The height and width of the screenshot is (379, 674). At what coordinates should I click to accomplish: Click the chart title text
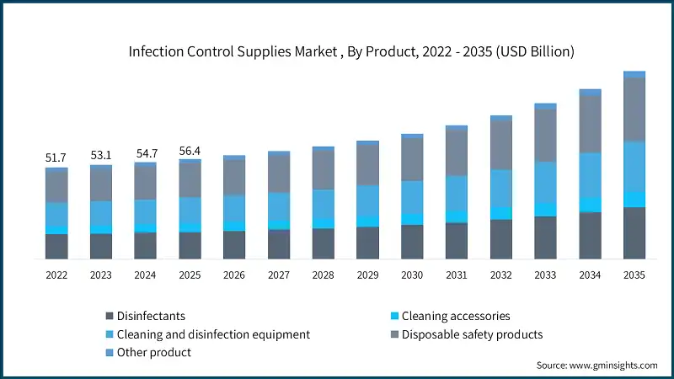point(351,51)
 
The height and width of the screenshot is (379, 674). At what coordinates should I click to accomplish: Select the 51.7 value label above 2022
point(56,157)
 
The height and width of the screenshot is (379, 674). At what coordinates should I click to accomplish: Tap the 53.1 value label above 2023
point(101,155)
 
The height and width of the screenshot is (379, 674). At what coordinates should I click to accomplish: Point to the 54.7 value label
point(146,154)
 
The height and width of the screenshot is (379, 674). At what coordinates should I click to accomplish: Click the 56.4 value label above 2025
point(190,151)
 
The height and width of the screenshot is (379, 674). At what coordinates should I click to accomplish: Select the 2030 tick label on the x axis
point(412,275)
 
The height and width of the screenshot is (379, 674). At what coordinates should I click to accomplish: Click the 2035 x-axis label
point(634,275)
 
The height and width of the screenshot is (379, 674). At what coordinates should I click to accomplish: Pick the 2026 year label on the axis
point(234,275)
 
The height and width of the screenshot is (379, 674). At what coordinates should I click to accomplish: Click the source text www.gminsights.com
point(596,366)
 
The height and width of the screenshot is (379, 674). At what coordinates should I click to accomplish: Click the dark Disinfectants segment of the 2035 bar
point(634,232)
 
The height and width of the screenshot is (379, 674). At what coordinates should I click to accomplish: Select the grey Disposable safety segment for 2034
point(591,124)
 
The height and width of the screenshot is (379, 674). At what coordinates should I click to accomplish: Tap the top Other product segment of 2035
point(634,74)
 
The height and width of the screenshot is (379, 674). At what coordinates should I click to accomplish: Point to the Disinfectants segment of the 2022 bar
point(56,246)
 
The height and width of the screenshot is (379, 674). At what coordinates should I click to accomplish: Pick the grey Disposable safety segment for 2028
point(324,169)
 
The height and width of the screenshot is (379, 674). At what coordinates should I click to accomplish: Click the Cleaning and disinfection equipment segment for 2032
point(501,188)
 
